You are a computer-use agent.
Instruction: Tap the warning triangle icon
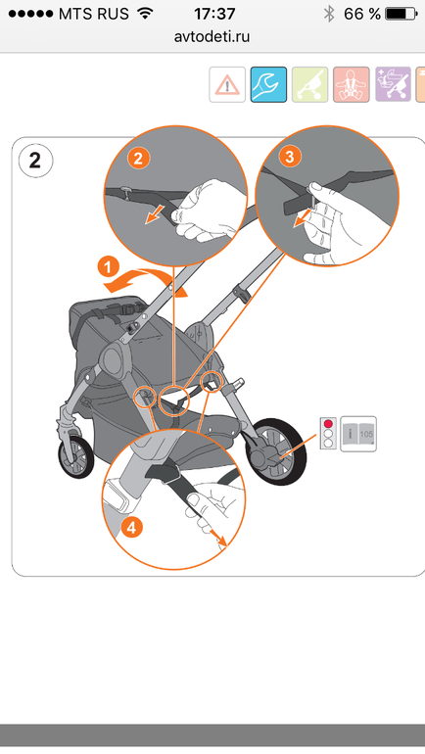pyautogui.click(x=227, y=84)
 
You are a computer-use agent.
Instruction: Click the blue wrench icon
pyautogui.click(x=268, y=84)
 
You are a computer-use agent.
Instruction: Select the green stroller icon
pyautogui.click(x=310, y=84)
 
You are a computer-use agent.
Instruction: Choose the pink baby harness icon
pyautogui.click(x=352, y=84)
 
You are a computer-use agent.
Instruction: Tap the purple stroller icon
pyautogui.click(x=394, y=84)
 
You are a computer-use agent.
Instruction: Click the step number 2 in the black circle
pyautogui.click(x=35, y=161)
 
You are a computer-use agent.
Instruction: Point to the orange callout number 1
pyautogui.click(x=109, y=266)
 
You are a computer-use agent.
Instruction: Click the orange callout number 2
pyautogui.click(x=138, y=158)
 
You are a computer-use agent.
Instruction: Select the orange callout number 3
pyautogui.click(x=290, y=157)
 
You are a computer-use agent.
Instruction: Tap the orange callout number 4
pyautogui.click(x=132, y=528)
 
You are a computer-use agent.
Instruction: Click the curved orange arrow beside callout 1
pyautogui.click(x=144, y=280)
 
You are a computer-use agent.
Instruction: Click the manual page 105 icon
pyautogui.click(x=358, y=434)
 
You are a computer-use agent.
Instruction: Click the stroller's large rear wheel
pyautogui.click(x=275, y=451)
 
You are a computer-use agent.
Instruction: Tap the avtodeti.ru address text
pyautogui.click(x=212, y=36)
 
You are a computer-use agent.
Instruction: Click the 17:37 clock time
pyautogui.click(x=214, y=14)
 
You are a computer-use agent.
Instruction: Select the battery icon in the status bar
pyautogui.click(x=401, y=14)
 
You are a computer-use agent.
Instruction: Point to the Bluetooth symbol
pyautogui.click(x=329, y=14)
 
